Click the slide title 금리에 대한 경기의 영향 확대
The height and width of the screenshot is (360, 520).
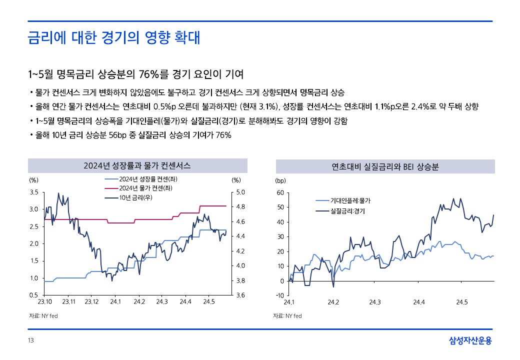pos(114,38)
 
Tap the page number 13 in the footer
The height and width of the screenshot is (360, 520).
pos(30,340)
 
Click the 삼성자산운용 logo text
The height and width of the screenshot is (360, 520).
pos(470,341)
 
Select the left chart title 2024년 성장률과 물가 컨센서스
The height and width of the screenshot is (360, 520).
pos(137,165)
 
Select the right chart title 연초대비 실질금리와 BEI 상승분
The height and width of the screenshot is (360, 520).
pos(385,166)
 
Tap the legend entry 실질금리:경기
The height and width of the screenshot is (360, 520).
pos(347,211)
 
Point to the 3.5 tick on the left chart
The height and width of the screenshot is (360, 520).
pos(34,192)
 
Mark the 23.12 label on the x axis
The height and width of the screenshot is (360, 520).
pos(92,302)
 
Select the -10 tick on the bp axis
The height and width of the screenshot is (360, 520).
pos(279,295)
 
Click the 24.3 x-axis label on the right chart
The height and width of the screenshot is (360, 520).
pos(375,302)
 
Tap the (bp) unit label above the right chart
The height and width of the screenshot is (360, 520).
pos(280,180)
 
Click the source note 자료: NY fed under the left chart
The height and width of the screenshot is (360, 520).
pos(43,316)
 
